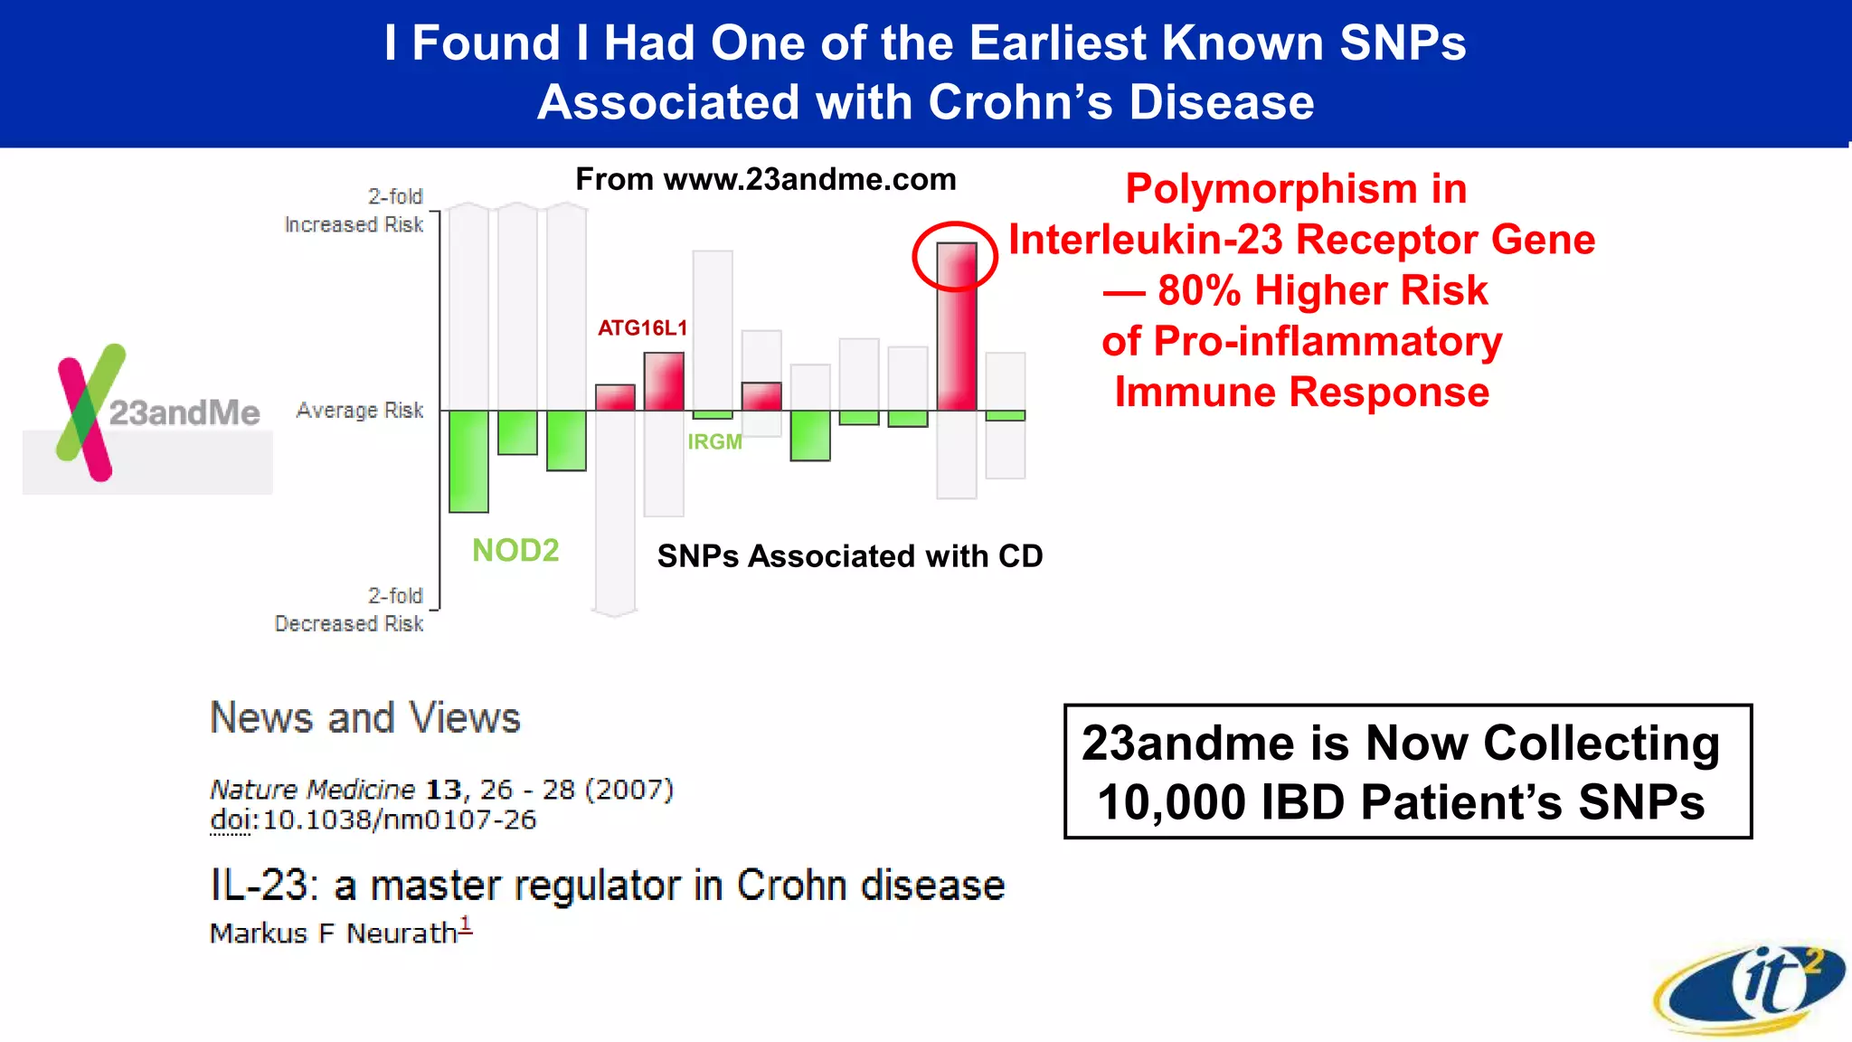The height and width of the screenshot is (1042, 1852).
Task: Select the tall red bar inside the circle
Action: click(956, 335)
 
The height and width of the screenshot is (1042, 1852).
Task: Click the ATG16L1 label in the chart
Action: click(642, 328)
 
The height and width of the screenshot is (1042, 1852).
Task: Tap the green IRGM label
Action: click(714, 442)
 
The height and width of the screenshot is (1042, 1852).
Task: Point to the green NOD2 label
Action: click(515, 550)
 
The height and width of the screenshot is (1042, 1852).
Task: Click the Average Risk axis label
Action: click(360, 411)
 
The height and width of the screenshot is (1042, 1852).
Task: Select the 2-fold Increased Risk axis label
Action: click(354, 211)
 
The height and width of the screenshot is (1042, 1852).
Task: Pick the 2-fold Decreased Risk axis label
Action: click(349, 610)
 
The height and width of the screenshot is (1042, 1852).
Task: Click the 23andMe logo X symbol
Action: click(87, 412)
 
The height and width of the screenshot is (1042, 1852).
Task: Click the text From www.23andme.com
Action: click(765, 179)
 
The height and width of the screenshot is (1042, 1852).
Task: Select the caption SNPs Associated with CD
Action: click(850, 556)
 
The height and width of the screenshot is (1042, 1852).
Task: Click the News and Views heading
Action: click(365, 718)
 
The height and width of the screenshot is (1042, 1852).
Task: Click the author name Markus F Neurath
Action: click(334, 933)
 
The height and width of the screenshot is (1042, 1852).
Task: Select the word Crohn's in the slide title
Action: click(1021, 102)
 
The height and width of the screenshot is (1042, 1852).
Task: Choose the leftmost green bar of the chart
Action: click(468, 461)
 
